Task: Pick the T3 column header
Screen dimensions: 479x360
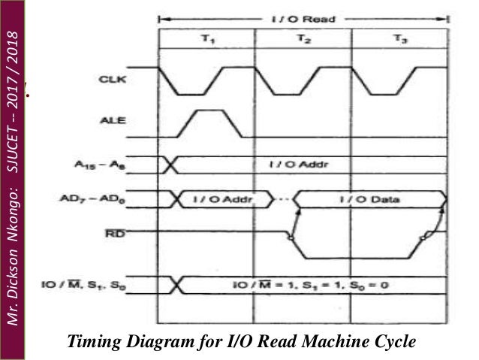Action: [400, 41]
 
